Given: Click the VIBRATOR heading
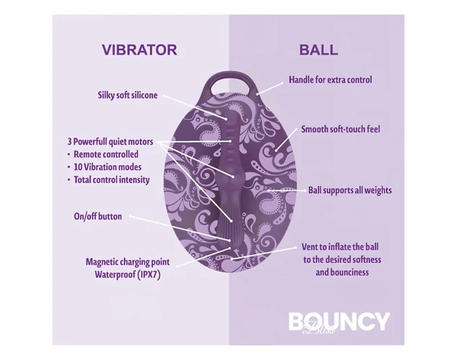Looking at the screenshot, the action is pos(139,50).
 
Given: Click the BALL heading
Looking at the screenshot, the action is pos(318,50).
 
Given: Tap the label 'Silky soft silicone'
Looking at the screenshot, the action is pos(128,95).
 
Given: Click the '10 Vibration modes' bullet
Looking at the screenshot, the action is pos(108,166).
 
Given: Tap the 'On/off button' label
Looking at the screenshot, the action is pos(98,216).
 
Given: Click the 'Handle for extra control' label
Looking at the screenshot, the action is pos(330,80).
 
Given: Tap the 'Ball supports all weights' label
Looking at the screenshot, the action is pos(350,190).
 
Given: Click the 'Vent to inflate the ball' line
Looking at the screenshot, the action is pos(342,247).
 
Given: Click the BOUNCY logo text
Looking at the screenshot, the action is pos(339,321).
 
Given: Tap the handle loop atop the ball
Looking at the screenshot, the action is pos(234,78).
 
